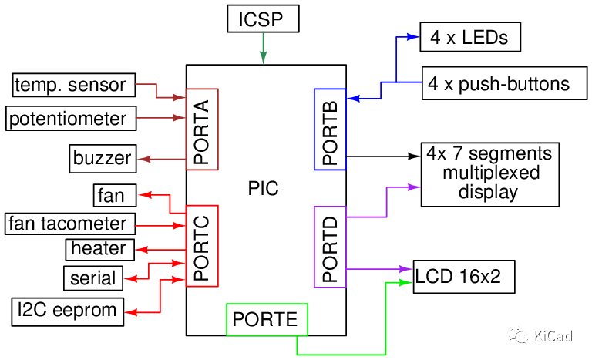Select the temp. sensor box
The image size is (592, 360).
73,85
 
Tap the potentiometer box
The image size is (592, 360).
70,119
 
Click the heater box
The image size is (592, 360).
98,248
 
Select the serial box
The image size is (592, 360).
92,278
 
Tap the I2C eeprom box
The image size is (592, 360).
67,311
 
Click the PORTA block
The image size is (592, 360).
203,129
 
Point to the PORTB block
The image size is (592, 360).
330,129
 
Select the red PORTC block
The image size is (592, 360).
203,245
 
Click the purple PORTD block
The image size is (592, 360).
330,247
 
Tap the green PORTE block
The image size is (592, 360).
267,319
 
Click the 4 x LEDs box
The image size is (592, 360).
464,36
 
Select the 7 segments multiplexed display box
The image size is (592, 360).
489,173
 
